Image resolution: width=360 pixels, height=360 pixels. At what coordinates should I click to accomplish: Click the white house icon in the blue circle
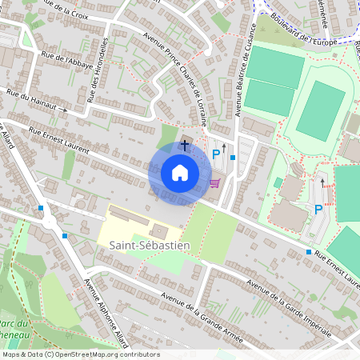pos(180,172)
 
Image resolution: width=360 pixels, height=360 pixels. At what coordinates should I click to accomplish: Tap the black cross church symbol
pos(185,145)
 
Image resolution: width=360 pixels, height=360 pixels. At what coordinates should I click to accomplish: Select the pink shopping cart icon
pos(214,182)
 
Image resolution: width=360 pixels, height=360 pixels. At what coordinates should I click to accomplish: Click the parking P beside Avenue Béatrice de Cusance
pos(214,154)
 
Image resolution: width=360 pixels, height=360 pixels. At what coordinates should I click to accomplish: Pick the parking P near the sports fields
pos(318,210)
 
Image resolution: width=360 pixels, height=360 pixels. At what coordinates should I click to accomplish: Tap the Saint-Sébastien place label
pos(145,246)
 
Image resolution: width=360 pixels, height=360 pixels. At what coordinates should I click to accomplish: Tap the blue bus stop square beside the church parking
pos(232,157)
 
